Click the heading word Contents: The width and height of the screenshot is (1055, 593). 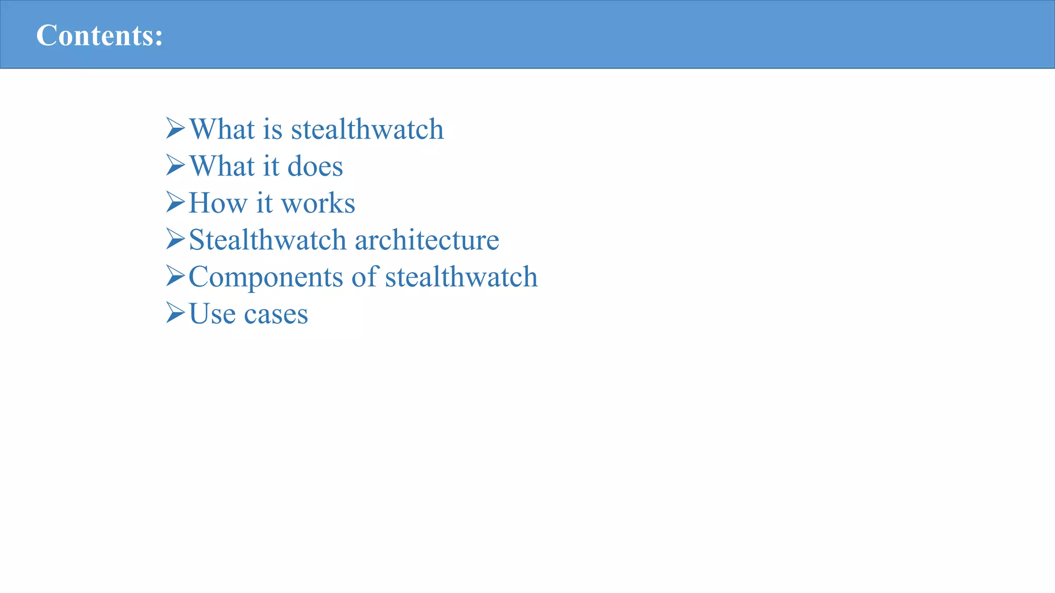pyautogui.click(x=99, y=36)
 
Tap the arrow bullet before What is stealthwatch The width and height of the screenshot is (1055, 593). pyautogui.click(x=175, y=128)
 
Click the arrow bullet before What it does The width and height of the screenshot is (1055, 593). pyautogui.click(x=175, y=165)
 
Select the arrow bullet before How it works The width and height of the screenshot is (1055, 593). pyautogui.click(x=175, y=202)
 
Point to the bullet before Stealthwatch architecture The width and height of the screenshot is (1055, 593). pyautogui.click(x=175, y=239)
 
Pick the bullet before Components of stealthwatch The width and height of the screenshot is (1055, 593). pyautogui.click(x=175, y=276)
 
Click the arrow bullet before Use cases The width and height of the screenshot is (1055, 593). pyautogui.click(x=175, y=313)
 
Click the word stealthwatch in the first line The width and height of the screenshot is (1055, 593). pyautogui.click(x=367, y=129)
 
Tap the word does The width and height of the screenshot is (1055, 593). pyautogui.click(x=315, y=166)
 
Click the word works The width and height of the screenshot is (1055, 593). pyautogui.click(x=318, y=203)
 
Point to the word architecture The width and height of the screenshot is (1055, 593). pyautogui.click(x=427, y=240)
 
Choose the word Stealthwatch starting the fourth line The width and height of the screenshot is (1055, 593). pyautogui.click(x=267, y=240)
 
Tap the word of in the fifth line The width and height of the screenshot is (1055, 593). pyautogui.click(x=365, y=277)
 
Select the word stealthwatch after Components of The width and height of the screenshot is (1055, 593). pyautogui.click(x=462, y=277)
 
